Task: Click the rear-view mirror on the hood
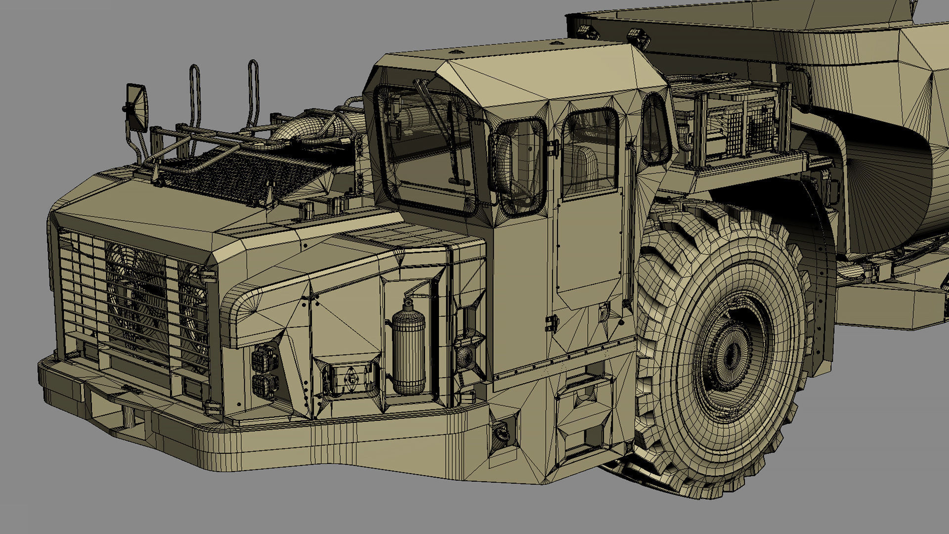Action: [x=137, y=107]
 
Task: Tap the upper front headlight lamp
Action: [x=264, y=357]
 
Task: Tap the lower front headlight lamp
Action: [x=265, y=385]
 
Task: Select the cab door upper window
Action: [x=590, y=153]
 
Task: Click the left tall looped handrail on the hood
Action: [x=195, y=99]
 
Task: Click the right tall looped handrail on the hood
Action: [x=253, y=94]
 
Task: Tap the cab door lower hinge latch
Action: [x=552, y=323]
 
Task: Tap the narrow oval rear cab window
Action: [x=656, y=129]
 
